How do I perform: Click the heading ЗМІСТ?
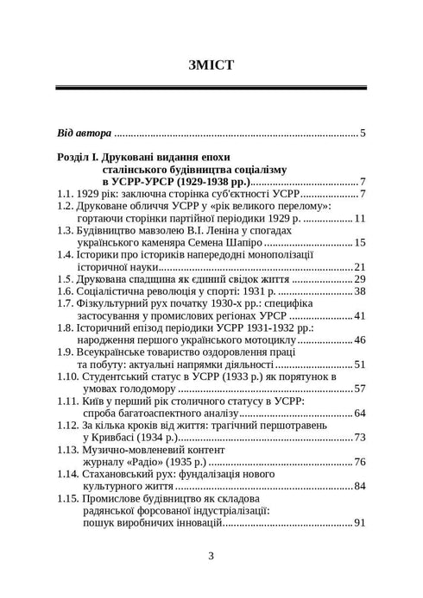[x=211, y=65]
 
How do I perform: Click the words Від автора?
[x=84, y=134]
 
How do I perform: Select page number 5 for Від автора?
[x=363, y=134]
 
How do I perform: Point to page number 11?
[x=360, y=219]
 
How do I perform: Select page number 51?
[x=360, y=364]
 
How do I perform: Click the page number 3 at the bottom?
[x=211, y=555]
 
